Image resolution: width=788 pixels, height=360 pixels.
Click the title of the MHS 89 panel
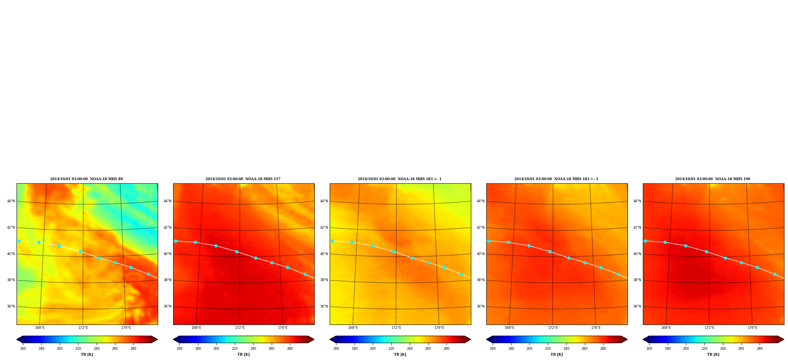click(x=86, y=179)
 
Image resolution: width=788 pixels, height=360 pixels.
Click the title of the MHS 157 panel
click(x=243, y=179)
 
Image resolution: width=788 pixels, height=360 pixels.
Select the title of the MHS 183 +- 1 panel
click(x=400, y=179)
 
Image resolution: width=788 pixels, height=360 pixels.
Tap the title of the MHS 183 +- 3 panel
click(x=556, y=179)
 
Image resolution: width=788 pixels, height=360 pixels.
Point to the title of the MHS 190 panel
click(x=713, y=179)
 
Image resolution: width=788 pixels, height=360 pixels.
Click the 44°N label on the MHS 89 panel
click(x=11, y=201)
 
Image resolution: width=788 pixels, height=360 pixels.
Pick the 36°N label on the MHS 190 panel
click(x=637, y=306)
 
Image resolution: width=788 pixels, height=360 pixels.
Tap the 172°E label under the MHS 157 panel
click(x=239, y=328)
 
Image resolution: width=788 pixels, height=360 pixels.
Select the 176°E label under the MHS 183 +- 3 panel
click(x=596, y=328)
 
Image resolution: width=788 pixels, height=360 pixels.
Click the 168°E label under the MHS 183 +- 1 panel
click(x=353, y=328)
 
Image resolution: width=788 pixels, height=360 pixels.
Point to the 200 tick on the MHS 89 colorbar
click(x=60, y=348)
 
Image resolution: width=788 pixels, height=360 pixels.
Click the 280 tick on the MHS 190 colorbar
click(x=760, y=348)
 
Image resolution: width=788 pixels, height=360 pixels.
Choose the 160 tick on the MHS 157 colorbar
click(x=179, y=348)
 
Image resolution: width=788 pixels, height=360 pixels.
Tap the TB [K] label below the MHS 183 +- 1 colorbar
click(x=400, y=354)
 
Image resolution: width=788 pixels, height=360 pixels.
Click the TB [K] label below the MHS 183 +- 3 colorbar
click(x=556, y=354)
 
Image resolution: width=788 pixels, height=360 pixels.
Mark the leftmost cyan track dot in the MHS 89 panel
click(x=19, y=241)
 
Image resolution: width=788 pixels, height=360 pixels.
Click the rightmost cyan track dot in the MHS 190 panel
click(x=775, y=274)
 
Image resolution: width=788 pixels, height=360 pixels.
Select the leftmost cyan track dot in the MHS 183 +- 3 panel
click(x=489, y=241)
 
